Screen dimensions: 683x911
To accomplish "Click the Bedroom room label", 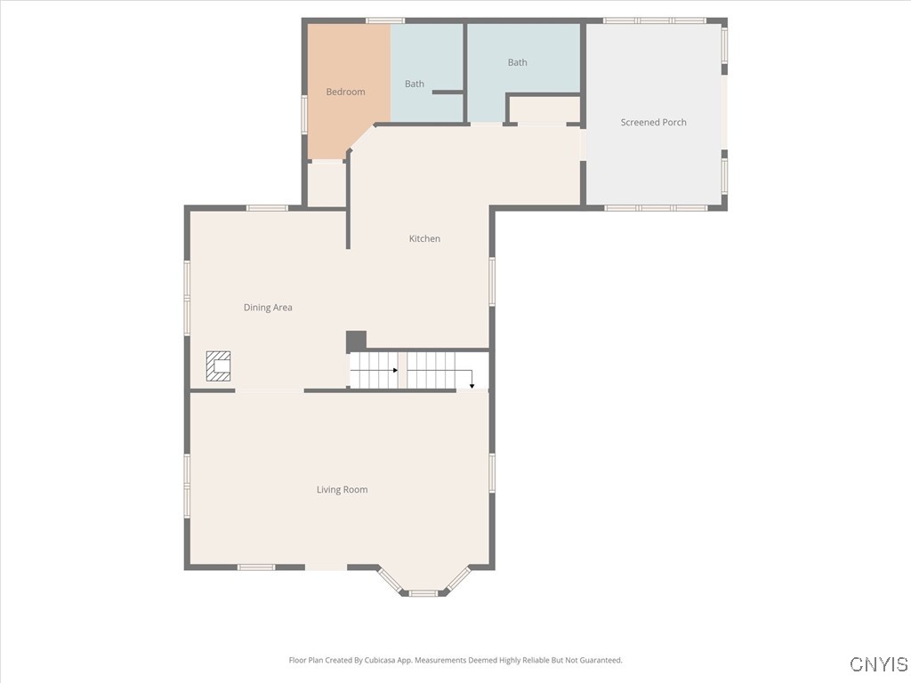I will [345, 92].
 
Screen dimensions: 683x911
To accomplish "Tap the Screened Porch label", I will [653, 123].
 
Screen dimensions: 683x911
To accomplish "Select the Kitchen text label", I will [424, 238].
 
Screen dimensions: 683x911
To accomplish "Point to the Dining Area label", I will [268, 308].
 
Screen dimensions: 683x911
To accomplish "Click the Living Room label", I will [342, 490].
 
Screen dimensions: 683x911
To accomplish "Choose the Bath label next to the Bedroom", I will [415, 84].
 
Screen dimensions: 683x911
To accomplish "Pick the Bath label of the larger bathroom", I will [517, 62].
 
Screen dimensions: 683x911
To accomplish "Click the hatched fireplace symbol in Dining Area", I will [218, 366].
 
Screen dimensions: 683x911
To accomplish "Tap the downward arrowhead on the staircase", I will [472, 386].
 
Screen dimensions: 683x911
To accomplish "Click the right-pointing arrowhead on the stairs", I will [394, 370].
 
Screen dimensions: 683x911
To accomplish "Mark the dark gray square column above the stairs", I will [356, 341].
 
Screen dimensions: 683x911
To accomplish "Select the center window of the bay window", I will [423, 592].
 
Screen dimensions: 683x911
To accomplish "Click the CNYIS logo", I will [879, 664].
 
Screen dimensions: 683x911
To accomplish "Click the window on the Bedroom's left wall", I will [304, 115].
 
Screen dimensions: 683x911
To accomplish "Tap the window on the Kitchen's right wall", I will [492, 281].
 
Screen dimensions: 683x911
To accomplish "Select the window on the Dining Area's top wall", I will [267, 208].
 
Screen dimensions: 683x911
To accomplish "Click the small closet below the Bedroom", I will [326, 185].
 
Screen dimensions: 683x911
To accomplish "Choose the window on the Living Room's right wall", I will [492, 472].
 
